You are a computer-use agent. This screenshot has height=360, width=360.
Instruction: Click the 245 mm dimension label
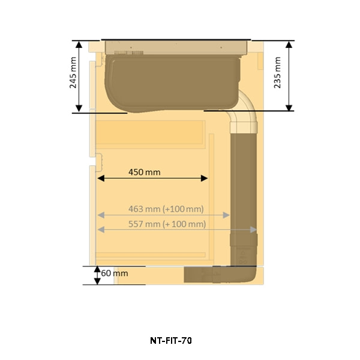(73, 73)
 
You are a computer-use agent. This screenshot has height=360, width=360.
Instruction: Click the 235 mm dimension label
(277, 73)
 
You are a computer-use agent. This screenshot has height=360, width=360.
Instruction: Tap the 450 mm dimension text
(145, 172)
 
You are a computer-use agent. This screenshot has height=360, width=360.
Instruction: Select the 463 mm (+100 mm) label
(166, 209)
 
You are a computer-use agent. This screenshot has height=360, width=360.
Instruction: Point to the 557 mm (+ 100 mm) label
(167, 224)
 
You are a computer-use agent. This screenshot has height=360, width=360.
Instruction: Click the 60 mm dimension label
(115, 273)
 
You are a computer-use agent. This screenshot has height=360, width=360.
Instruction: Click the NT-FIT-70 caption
(171, 340)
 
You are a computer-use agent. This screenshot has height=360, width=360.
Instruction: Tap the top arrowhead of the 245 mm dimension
(79, 44)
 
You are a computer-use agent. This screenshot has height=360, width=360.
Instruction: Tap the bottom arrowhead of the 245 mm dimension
(79, 109)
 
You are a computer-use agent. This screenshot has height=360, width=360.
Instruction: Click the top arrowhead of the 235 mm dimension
(289, 44)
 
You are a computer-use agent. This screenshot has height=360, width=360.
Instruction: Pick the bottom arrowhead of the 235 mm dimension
(289, 107)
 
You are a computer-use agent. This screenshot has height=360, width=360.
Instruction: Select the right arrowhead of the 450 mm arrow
(205, 178)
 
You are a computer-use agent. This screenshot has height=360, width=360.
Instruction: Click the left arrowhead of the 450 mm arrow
(101, 178)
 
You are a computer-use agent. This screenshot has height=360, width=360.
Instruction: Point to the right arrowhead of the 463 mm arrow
(226, 215)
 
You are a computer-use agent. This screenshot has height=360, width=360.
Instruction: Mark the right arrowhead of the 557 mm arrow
(253, 230)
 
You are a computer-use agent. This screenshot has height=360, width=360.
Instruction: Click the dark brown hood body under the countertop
(172, 83)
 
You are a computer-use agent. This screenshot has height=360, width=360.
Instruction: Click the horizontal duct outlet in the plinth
(219, 274)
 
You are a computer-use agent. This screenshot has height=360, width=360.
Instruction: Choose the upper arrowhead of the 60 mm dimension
(97, 269)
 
